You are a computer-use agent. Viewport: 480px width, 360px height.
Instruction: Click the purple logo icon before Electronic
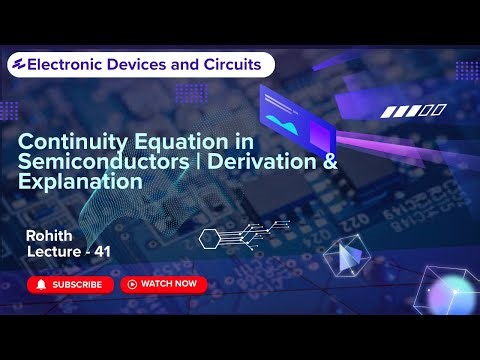click(17, 65)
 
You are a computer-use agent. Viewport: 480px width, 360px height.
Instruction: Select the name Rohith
click(51, 235)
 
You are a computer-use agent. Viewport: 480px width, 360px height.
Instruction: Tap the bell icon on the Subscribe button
click(41, 284)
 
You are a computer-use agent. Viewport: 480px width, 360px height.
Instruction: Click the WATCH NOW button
click(163, 284)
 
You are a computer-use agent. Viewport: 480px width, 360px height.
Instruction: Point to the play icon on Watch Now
click(131, 284)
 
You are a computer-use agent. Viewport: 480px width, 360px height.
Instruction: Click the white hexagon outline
click(209, 238)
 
